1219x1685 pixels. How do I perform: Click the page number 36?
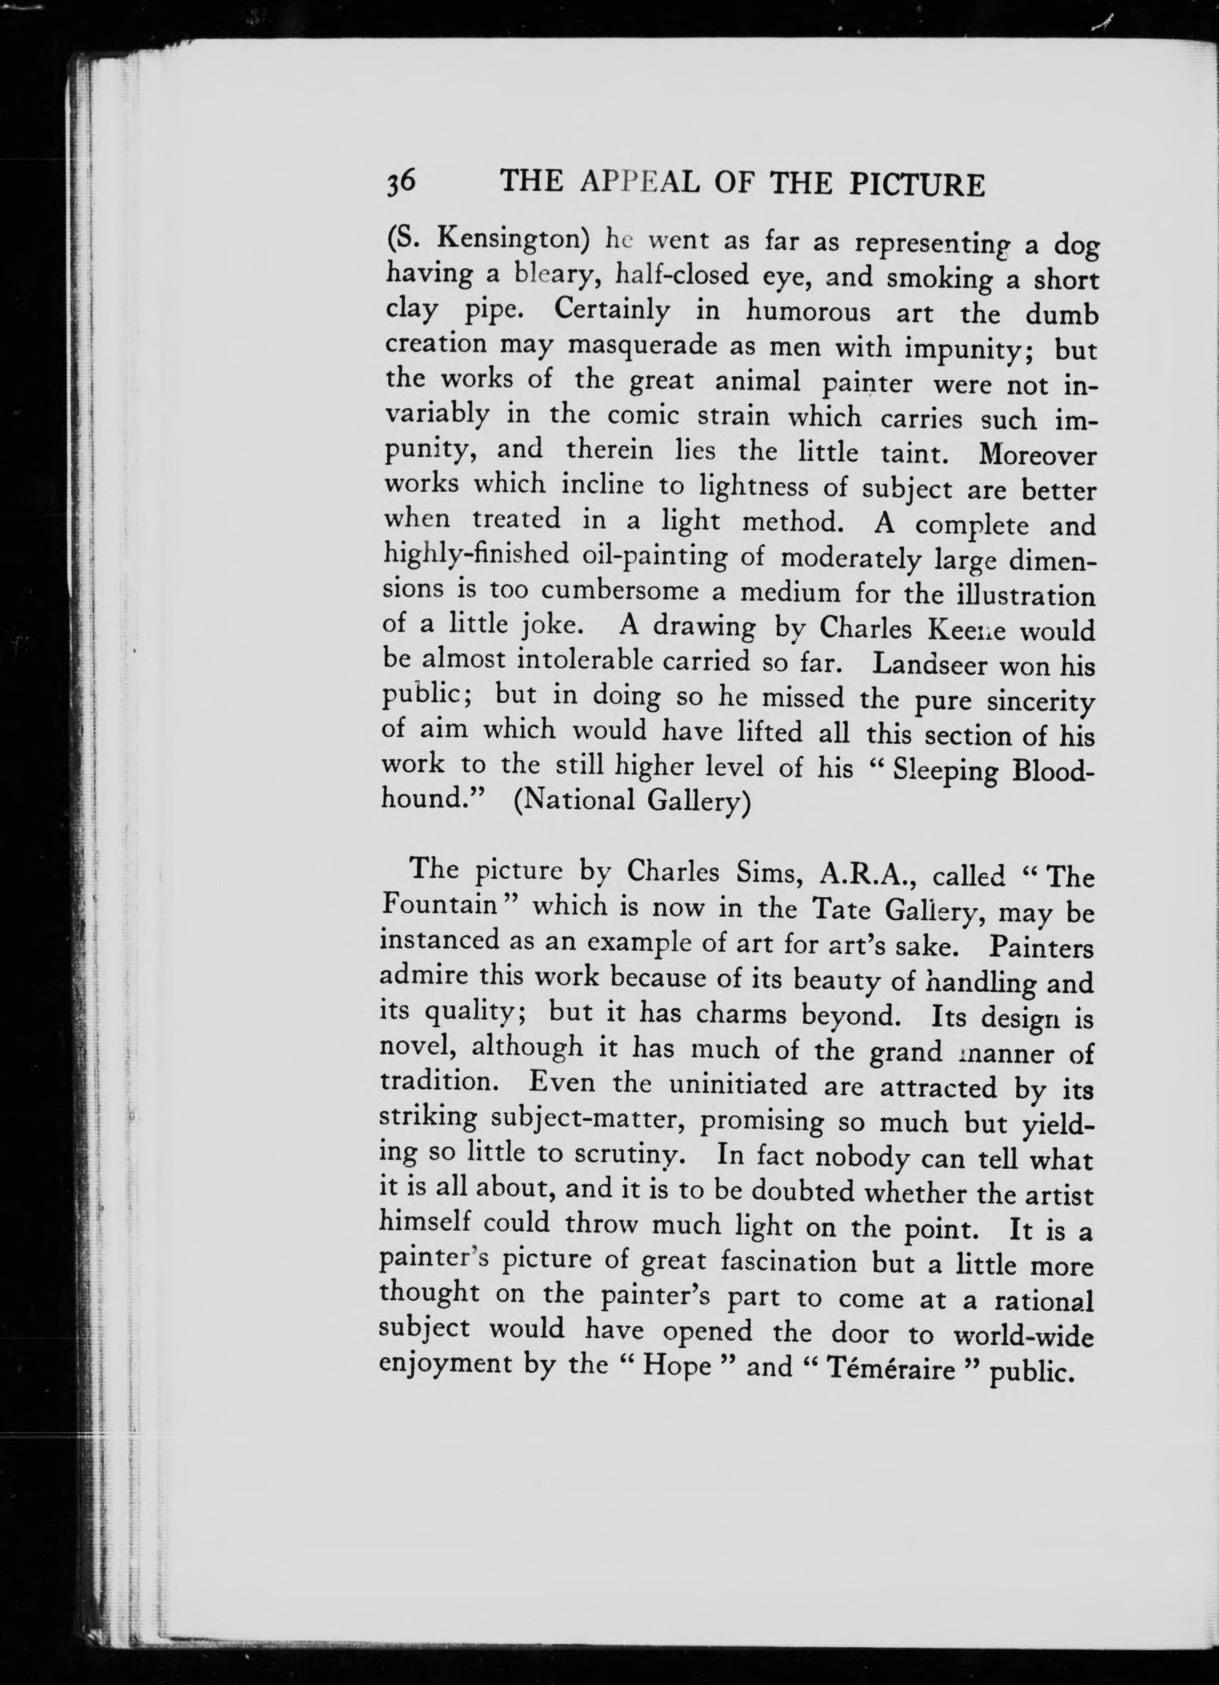[400, 181]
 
